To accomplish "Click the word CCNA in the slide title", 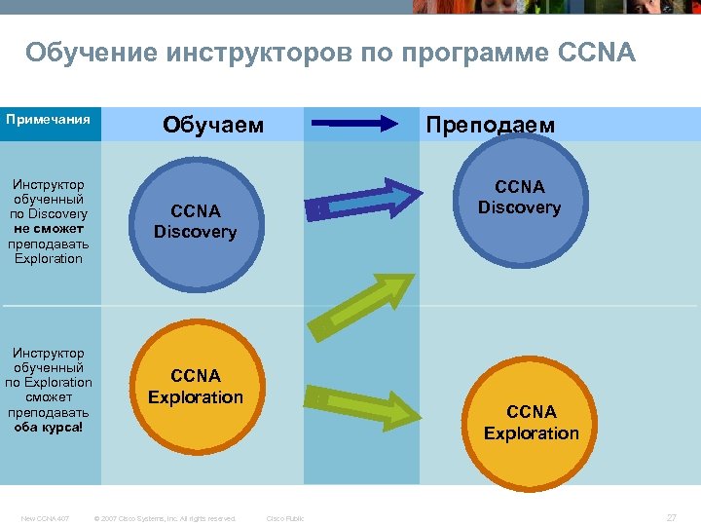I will (x=598, y=52).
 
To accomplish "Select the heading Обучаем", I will (x=212, y=125).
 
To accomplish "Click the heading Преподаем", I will (x=491, y=125).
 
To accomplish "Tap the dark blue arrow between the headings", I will (x=354, y=124).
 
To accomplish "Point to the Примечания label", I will (x=48, y=120).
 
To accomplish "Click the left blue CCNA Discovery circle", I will (x=195, y=221).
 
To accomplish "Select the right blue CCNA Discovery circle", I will (x=519, y=198).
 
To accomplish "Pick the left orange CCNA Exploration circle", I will (x=195, y=387).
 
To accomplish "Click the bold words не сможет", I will (x=49, y=229).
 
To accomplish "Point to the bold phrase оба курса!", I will (x=49, y=427).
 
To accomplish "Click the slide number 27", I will (x=671, y=517).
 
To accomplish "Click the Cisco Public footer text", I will (x=285, y=518).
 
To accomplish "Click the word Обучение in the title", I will (x=92, y=52).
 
